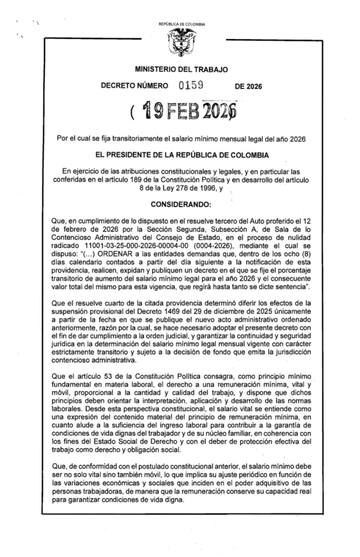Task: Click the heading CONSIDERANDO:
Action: click(179, 207)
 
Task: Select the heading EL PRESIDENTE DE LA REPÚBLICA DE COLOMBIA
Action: click(179, 155)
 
